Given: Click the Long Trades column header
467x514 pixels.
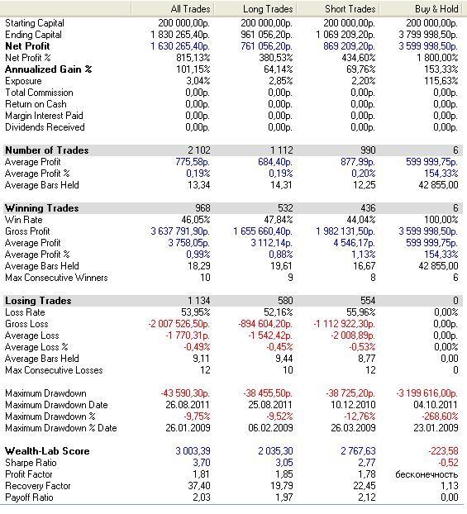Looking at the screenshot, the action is point(268,9).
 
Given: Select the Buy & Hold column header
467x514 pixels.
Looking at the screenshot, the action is point(436,9).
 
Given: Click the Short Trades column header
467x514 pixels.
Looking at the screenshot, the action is point(350,9).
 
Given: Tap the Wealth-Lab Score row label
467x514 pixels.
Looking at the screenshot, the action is point(47,451).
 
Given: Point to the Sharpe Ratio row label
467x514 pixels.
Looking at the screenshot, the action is point(31,463).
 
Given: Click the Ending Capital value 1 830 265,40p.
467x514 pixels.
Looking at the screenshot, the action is point(180,35).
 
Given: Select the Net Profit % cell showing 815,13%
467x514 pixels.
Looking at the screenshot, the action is point(193,58).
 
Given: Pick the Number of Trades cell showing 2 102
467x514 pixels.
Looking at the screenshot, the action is point(199,150).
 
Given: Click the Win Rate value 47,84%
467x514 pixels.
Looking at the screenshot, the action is point(278,220).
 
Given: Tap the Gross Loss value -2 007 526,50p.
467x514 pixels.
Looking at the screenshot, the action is point(179,324).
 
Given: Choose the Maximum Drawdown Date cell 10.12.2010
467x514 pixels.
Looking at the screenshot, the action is point(353,405).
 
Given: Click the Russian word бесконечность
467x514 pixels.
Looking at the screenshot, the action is point(426,474).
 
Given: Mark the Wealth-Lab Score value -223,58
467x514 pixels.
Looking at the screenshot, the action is point(443,451).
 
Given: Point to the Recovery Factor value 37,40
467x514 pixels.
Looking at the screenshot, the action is point(199,486).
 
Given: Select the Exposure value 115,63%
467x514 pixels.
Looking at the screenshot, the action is point(441,81).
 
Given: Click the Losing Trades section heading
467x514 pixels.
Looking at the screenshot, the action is point(38,301).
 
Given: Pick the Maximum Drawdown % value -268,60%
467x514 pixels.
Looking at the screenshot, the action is point(440,416).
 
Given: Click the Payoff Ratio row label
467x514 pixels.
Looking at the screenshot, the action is point(29,497).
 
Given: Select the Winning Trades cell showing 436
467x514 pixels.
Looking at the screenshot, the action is point(368,208).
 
